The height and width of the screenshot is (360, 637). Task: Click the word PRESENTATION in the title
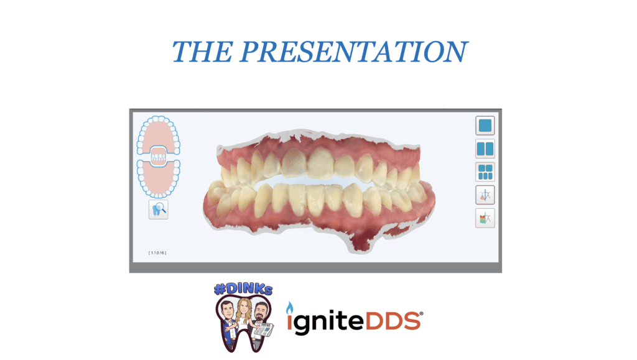pyautogui.click(x=353, y=52)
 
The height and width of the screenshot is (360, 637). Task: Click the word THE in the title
pyautogui.click(x=202, y=52)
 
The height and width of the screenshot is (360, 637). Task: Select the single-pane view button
pyautogui.click(x=485, y=126)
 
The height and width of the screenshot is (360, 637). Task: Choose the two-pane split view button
pyautogui.click(x=485, y=149)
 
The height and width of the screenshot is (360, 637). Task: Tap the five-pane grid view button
pyautogui.click(x=485, y=172)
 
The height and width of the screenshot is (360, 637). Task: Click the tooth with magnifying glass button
pyautogui.click(x=159, y=210)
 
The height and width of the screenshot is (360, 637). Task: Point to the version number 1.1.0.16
pyautogui.click(x=157, y=253)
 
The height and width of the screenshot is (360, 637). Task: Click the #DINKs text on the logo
pyautogui.click(x=243, y=289)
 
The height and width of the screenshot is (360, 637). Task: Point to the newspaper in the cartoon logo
pyautogui.click(x=263, y=330)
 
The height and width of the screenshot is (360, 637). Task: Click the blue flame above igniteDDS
pyautogui.click(x=290, y=308)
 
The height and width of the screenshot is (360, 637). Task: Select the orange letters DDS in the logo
pyautogui.click(x=393, y=321)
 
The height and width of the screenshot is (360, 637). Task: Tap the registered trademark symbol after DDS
pyautogui.click(x=421, y=314)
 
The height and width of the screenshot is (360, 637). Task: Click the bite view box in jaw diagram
pyautogui.click(x=159, y=157)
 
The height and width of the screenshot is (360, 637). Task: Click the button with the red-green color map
pyautogui.click(x=485, y=218)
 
